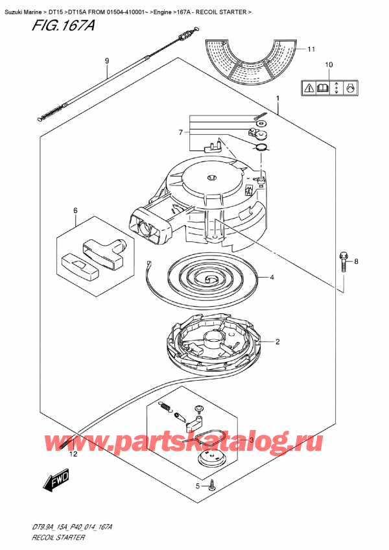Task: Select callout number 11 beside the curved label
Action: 311,49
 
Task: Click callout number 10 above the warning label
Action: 328,65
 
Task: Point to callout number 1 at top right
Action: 277,99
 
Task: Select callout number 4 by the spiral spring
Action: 272,278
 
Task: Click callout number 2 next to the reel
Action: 277,342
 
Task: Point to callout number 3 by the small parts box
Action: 251,440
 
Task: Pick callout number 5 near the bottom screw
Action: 198,486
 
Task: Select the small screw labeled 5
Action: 213,485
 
